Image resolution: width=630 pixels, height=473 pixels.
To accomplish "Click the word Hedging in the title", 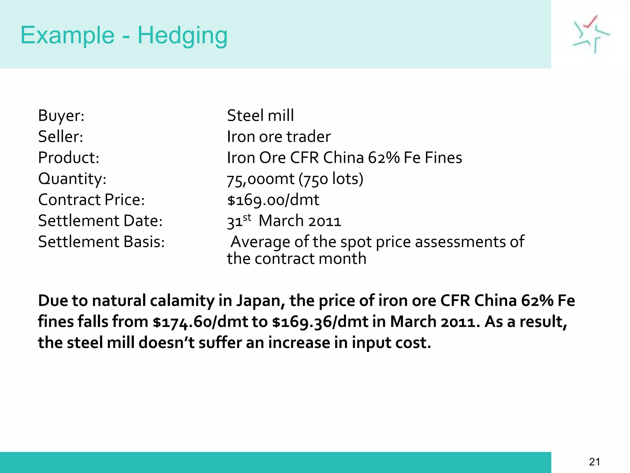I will [x=182, y=36].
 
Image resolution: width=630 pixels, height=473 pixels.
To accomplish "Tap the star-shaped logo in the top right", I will [x=591, y=34].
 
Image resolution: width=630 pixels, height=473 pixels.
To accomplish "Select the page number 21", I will [x=594, y=462].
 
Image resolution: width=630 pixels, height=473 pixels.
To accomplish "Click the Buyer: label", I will [x=61, y=116].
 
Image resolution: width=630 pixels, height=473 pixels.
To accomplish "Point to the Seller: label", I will [x=61, y=137].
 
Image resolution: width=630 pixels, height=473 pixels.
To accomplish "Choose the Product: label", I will [x=69, y=158].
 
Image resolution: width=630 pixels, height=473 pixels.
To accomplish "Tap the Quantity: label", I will [x=72, y=179].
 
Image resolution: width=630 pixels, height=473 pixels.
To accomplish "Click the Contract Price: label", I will [x=91, y=200].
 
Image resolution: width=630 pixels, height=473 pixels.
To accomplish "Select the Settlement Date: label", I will [x=100, y=221].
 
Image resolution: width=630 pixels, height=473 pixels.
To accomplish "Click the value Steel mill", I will [x=260, y=116].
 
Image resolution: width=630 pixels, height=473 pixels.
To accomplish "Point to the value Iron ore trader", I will [x=279, y=137].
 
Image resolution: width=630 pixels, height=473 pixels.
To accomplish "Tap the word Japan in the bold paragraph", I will [x=260, y=301].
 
